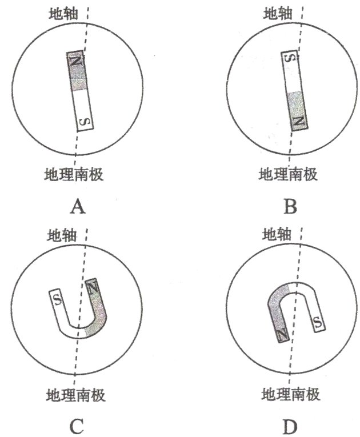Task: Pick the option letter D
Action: [x=290, y=425]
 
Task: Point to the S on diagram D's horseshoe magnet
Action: [x=318, y=324]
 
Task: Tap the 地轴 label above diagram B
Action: [x=278, y=11]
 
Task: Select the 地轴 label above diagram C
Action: [x=62, y=234]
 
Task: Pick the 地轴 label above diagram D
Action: [x=277, y=234]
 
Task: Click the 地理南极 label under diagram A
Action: [x=74, y=174]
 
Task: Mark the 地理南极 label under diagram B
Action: [x=289, y=174]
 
